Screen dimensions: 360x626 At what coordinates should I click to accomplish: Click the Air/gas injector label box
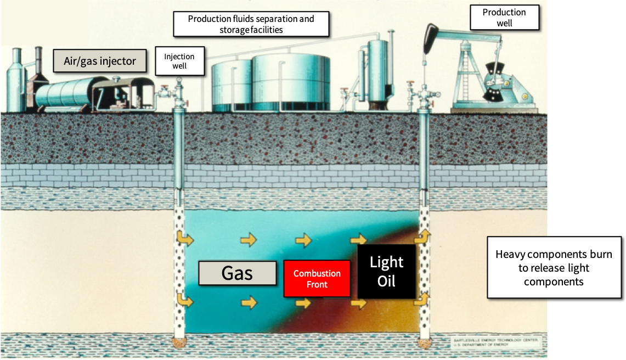click(100, 60)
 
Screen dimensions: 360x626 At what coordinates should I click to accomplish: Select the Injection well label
click(179, 61)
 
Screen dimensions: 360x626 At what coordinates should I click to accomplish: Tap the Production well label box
click(504, 18)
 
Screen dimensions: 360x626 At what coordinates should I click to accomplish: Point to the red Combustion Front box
click(317, 279)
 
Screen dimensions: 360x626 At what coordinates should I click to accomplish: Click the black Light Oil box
click(386, 272)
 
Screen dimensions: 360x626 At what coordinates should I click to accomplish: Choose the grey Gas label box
click(237, 273)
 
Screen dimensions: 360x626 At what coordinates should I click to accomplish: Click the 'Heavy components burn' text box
click(554, 268)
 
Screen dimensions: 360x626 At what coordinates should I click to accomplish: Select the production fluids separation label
click(251, 24)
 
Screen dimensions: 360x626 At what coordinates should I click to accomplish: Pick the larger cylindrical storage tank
click(291, 82)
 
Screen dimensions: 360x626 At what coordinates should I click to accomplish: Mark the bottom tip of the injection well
click(179, 343)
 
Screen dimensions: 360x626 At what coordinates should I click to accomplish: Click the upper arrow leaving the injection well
click(185, 239)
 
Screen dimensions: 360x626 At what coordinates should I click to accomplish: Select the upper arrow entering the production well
click(422, 237)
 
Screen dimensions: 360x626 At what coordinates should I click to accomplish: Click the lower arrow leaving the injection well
click(185, 301)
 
